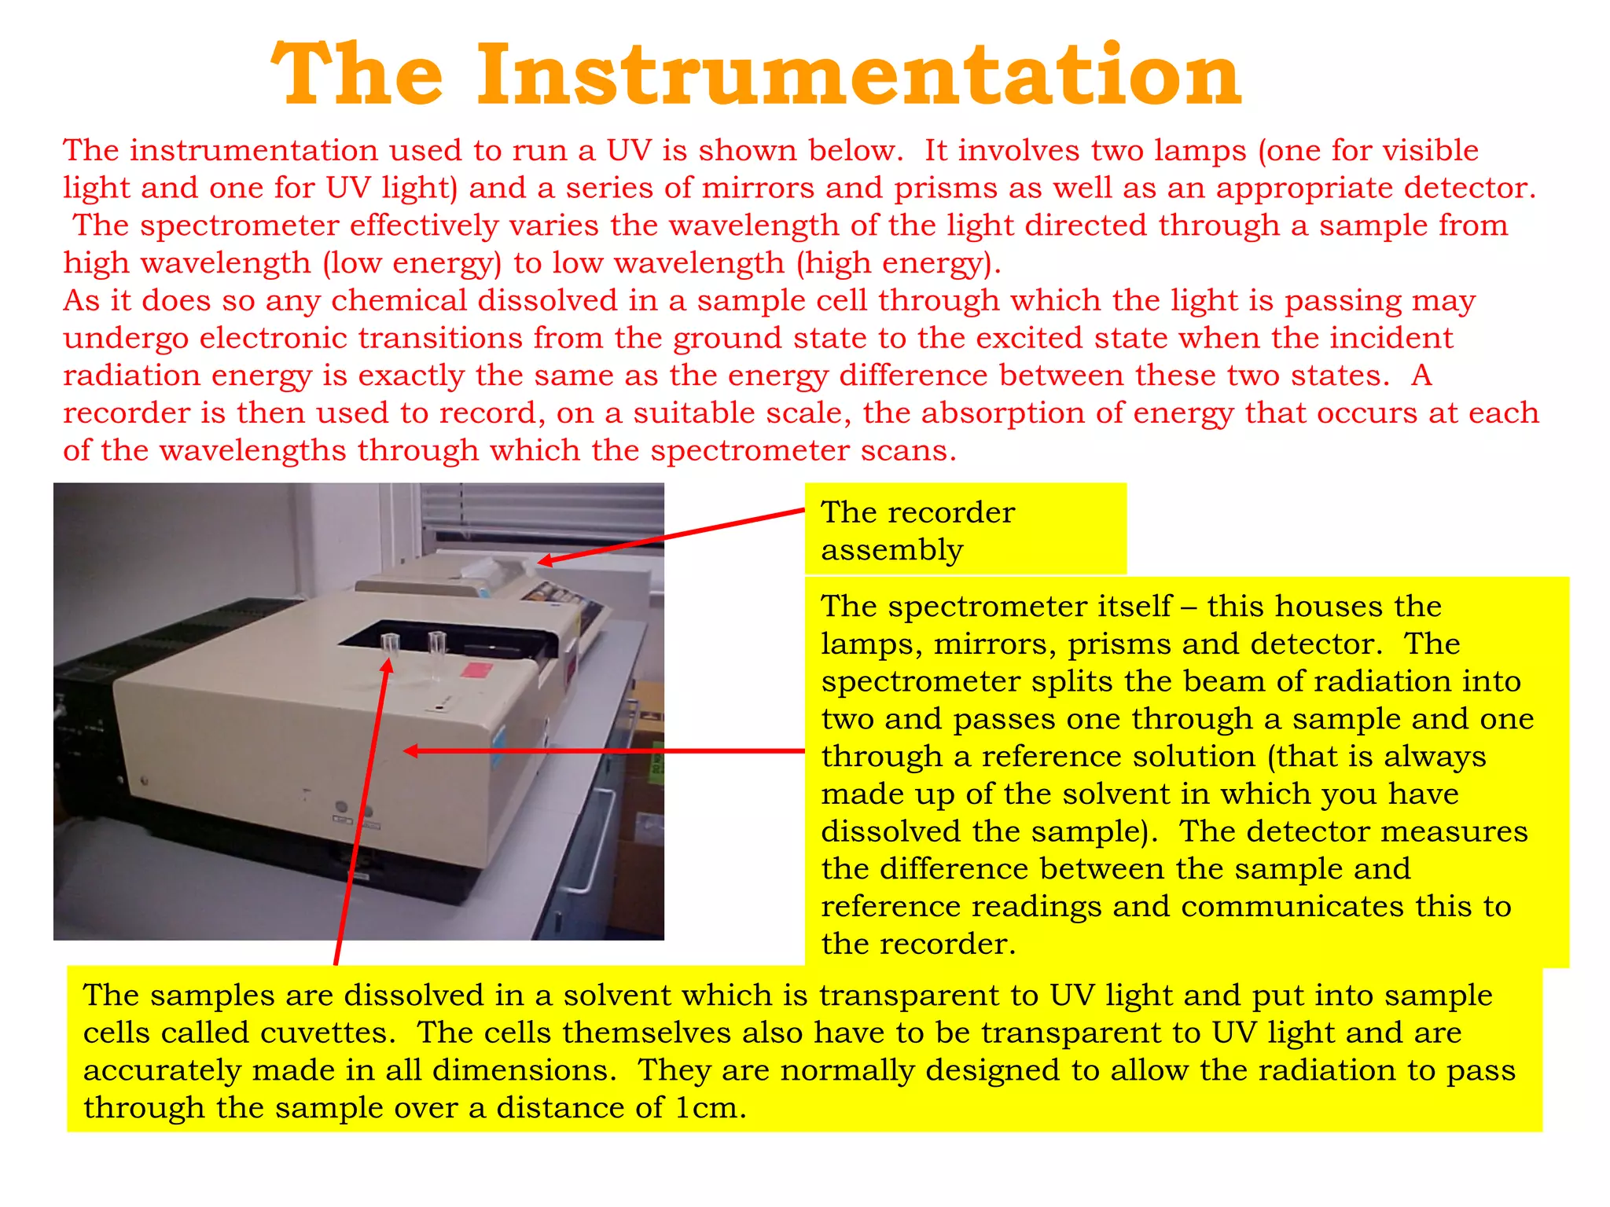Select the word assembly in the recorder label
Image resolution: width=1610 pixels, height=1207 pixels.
tap(891, 550)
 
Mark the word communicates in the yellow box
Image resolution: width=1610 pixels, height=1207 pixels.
tap(1292, 907)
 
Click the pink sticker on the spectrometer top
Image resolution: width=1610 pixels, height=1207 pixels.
tap(476, 670)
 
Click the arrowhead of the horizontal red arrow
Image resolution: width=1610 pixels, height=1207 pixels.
tap(410, 751)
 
